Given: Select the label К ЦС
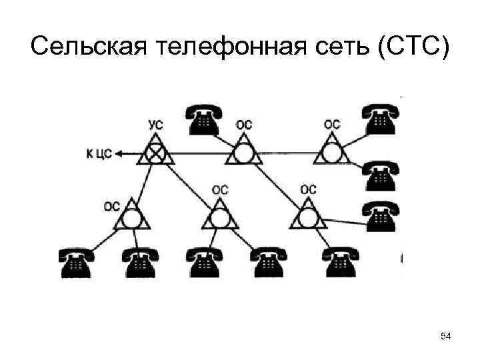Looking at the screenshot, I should [x=97, y=154].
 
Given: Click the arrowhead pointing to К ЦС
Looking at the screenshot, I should [x=118, y=154].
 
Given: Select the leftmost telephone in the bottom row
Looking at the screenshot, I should [x=74, y=262].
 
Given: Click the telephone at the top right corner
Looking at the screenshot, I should [x=379, y=119].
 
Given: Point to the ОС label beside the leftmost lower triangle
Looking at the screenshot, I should [x=111, y=206].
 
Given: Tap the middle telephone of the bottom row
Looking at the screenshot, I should [x=203, y=262].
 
